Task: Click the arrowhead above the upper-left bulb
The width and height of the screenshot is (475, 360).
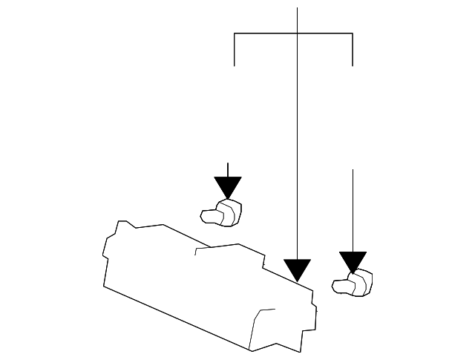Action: (228, 186)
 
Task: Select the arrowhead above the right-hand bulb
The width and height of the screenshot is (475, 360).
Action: (353, 262)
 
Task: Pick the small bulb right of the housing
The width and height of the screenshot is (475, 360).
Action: (354, 284)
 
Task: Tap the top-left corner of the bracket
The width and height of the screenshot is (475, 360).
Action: (235, 33)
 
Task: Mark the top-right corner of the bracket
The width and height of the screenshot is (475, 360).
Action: (352, 33)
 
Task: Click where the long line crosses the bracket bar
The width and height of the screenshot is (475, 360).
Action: (297, 33)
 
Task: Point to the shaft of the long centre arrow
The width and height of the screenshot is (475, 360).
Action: (297, 148)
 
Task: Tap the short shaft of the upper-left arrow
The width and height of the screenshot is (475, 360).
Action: (228, 169)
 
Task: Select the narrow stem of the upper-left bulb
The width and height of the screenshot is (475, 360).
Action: (209, 216)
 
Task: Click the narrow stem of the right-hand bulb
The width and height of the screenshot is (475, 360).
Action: (341, 285)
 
